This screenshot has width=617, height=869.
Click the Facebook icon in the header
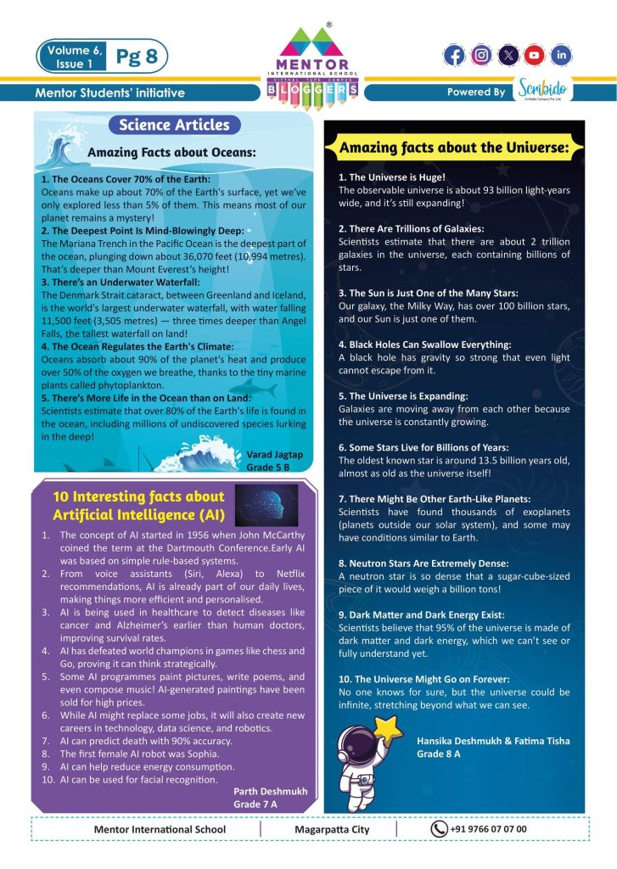click(455, 55)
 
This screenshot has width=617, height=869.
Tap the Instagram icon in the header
click(481, 55)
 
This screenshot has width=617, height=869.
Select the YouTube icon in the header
click(534, 55)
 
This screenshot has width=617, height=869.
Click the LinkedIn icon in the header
click(560, 55)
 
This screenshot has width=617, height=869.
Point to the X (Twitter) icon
click(508, 55)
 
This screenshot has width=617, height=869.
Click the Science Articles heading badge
click(174, 126)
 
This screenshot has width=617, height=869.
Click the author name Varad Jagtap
click(274, 455)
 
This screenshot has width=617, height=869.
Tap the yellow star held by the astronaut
click(391, 727)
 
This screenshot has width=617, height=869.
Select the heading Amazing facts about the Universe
click(453, 148)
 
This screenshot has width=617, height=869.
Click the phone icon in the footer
click(439, 829)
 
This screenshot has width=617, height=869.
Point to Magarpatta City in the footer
click(332, 829)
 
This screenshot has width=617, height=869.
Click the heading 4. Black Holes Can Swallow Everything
click(424, 345)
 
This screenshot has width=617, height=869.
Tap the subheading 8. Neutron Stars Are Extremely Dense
click(423, 563)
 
